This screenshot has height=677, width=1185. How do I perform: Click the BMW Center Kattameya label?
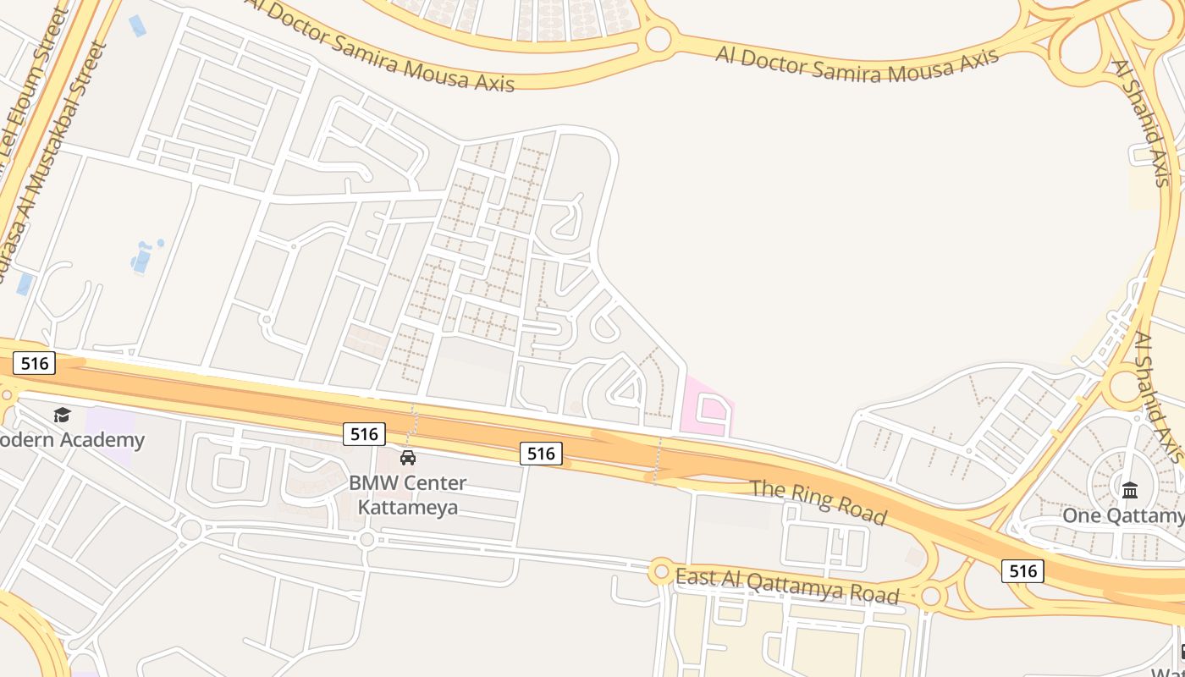point(407,495)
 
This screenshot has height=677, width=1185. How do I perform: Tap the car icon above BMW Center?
point(408,458)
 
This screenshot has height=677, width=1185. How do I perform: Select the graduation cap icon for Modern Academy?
point(62,415)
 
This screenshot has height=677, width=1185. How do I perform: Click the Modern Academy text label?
point(73,440)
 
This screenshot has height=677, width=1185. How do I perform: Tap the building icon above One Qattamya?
point(1130,489)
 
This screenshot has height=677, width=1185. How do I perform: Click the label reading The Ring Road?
point(818,501)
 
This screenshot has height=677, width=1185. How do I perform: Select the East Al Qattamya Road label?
point(787,586)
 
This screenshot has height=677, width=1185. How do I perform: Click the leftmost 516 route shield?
point(35,363)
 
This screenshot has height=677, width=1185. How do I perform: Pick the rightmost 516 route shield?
point(1022,571)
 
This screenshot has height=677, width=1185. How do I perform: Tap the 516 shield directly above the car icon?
point(364,434)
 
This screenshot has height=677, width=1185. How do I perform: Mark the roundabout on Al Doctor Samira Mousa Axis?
point(658,39)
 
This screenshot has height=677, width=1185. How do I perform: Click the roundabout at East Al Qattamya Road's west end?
point(660,572)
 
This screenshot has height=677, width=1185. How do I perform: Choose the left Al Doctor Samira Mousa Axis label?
point(381,47)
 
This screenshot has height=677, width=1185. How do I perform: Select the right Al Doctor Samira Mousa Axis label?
point(857,64)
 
